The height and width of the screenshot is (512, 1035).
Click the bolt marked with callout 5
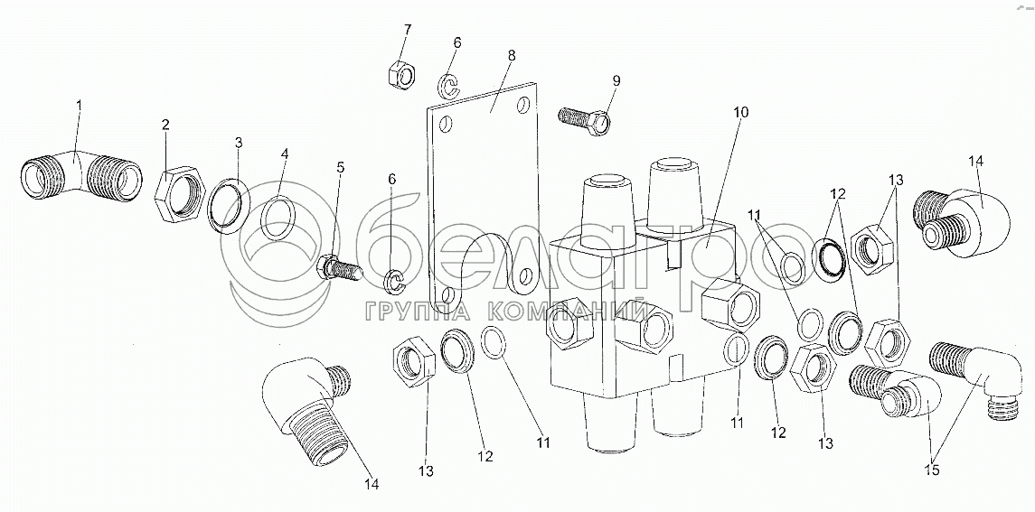(x=339, y=266)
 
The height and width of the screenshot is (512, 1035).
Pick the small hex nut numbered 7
(x=400, y=73)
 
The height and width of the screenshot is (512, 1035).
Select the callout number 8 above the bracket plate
(x=512, y=55)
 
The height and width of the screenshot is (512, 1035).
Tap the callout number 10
(x=741, y=113)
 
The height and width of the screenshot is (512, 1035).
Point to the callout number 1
(x=79, y=106)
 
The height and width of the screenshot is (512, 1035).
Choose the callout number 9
(x=616, y=80)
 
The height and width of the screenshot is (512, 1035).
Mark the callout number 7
(x=407, y=30)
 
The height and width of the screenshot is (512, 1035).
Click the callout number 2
(x=165, y=125)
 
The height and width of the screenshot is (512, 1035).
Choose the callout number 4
(x=284, y=154)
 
